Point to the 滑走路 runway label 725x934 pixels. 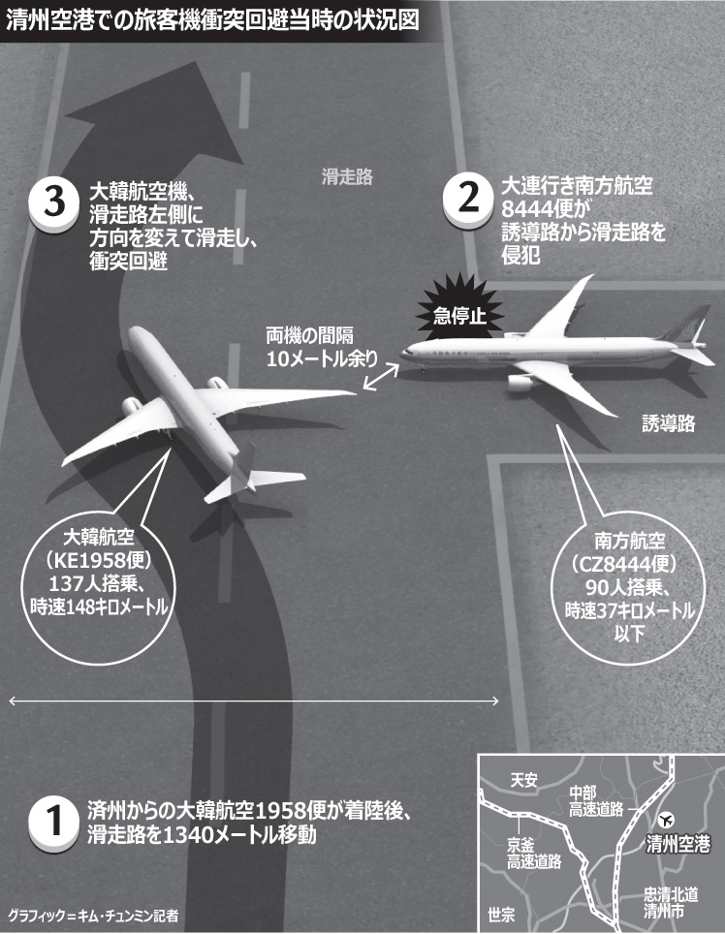tap(347, 177)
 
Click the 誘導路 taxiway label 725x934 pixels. tap(668, 423)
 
